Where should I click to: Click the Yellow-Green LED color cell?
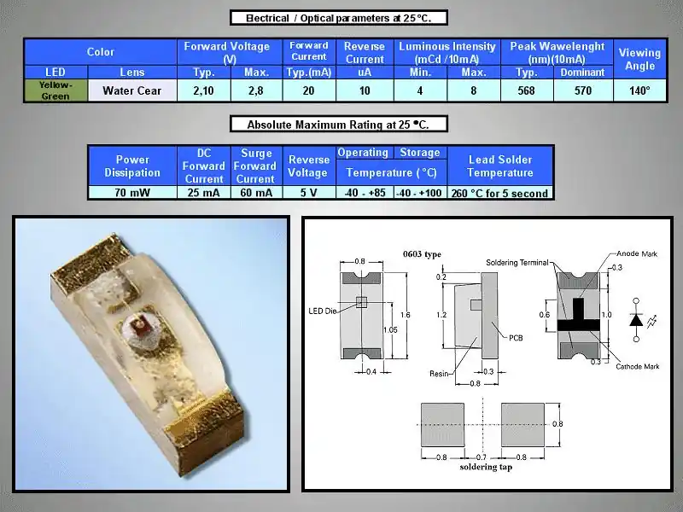pos(55,90)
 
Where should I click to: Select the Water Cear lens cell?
pos(132,90)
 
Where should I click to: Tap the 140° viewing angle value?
pos(639,90)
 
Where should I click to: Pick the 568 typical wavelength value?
pos(527,90)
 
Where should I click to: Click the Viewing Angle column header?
pos(639,59)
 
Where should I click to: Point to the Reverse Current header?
pos(365,53)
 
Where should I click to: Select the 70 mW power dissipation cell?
pos(132,193)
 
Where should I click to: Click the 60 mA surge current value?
pos(256,193)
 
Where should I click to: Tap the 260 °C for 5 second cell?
pos(500,193)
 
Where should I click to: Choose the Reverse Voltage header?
pos(308,166)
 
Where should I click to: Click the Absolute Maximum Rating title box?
pos(338,125)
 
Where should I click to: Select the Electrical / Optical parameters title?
pos(338,18)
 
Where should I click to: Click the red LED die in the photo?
pos(140,325)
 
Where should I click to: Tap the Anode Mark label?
pos(637,253)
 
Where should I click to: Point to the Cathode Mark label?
pos(637,367)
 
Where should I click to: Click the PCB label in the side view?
pos(516,338)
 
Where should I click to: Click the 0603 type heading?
pos(422,254)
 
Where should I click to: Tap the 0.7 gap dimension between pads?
pos(481,457)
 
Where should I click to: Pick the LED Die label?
pos(323,311)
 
